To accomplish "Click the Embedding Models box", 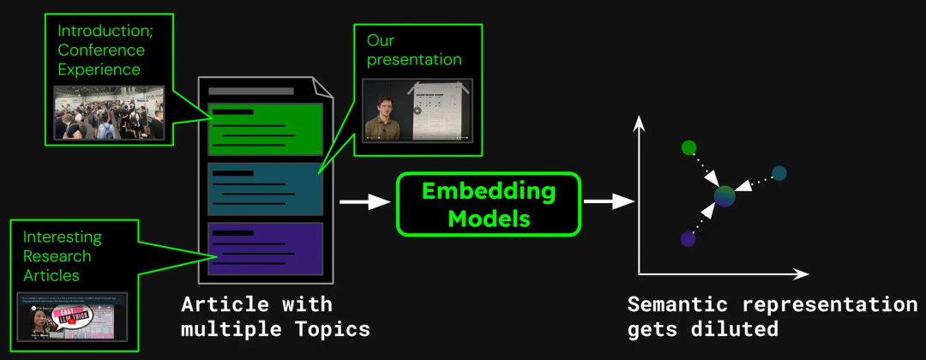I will [x=488, y=204].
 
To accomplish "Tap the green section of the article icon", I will [x=265, y=129].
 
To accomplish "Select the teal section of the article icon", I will [x=265, y=189].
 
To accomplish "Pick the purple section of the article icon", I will [x=265, y=249].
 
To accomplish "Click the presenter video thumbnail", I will [x=418, y=110].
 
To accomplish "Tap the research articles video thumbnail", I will [x=72, y=319].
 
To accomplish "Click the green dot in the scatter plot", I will [x=688, y=147].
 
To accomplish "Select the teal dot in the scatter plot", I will [x=779, y=173].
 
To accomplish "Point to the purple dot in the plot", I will [x=688, y=239].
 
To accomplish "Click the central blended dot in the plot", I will [x=725, y=197].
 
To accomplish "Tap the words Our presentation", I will [x=414, y=50].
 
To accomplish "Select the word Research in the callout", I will [x=57, y=255].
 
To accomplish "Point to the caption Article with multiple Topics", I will [x=266, y=316].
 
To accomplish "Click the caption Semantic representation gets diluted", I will [x=772, y=316].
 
